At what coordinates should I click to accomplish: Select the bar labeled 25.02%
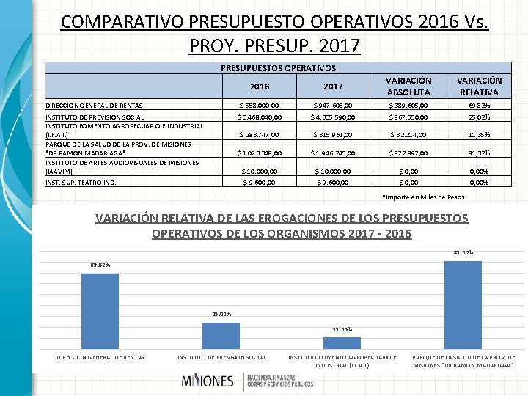pos(221,335)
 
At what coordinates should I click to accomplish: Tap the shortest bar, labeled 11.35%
pos(342,342)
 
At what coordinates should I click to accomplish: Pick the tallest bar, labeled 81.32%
pos(463,304)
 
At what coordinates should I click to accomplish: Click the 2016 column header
pos(259,87)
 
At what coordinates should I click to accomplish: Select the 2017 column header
pos(333,87)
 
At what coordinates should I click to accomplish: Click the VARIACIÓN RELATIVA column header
pos(479,87)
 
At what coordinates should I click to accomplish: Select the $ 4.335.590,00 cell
pos(333,117)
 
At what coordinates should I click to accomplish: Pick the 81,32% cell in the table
pos(480,153)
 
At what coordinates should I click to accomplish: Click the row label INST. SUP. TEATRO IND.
pos(81,182)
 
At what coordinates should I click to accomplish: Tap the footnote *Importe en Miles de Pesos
pos(423,196)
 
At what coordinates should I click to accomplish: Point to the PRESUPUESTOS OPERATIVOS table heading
pos(278,67)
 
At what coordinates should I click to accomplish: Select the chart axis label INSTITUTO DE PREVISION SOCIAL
pos(222,357)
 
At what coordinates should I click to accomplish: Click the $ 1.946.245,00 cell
pos(333,153)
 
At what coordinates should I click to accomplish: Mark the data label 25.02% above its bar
pos(220,314)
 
